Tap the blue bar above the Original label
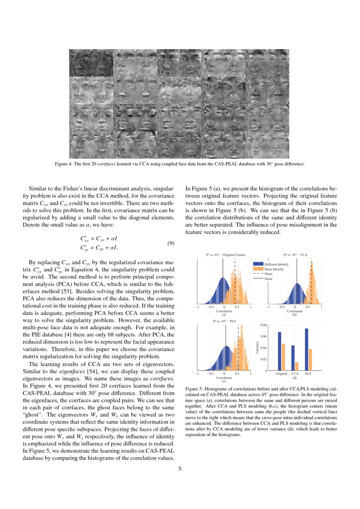point(279,351)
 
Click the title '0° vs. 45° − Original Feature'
point(223,255)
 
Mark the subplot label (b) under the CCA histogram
point(295,314)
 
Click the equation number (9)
point(171,243)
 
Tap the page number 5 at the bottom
point(180,469)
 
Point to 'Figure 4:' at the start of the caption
point(64,164)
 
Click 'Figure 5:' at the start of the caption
point(194,388)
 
